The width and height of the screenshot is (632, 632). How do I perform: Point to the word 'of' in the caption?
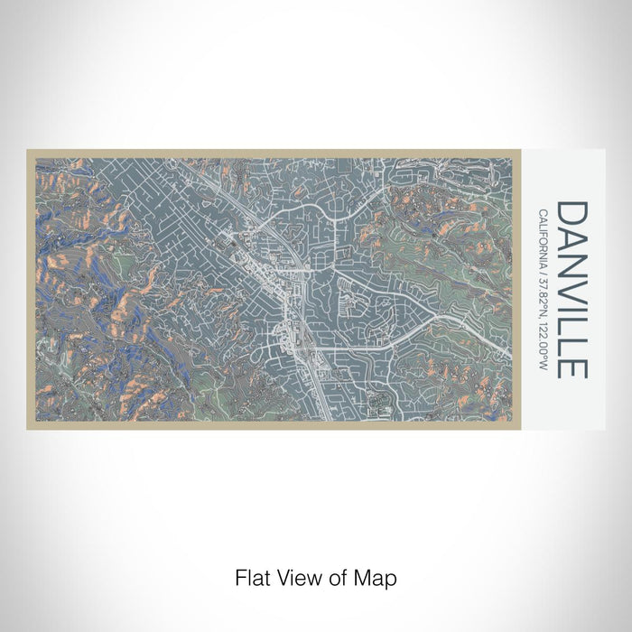(x=340, y=577)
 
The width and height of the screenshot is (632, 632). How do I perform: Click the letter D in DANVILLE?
(x=572, y=214)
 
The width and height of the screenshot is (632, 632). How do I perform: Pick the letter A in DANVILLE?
(x=572, y=239)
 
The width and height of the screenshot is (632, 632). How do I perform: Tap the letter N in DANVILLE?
(x=572, y=265)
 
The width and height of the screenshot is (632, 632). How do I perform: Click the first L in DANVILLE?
(x=572, y=323)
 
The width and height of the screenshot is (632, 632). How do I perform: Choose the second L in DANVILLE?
(x=572, y=343)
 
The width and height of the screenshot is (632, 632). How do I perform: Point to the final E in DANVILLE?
(x=572, y=365)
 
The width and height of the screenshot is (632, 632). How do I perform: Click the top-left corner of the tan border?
(x=29, y=152)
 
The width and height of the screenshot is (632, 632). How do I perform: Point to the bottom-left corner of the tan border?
(x=29, y=427)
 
